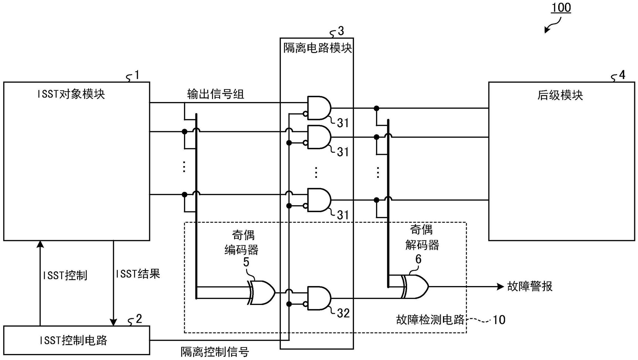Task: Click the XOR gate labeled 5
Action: pyautogui.click(x=262, y=292)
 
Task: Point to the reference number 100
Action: pyautogui.click(x=561, y=8)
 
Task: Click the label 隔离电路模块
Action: pyautogui.click(x=317, y=48)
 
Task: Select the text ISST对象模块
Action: pyautogui.click(x=71, y=94)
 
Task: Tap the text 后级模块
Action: pyautogui.click(x=560, y=95)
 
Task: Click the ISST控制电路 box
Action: pyautogui.click(x=76, y=340)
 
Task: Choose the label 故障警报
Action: pyautogui.click(x=530, y=286)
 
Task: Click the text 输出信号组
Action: pyautogui.click(x=215, y=94)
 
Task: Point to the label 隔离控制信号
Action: pyautogui.click(x=215, y=352)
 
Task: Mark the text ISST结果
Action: pyautogui.click(x=138, y=274)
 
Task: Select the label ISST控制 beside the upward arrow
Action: pyautogui.click(x=65, y=275)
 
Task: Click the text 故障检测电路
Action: pyautogui.click(x=430, y=320)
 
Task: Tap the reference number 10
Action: pyautogui.click(x=499, y=320)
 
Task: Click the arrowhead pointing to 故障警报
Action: pyautogui.click(x=501, y=286)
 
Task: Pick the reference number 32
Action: pyautogui.click(x=343, y=313)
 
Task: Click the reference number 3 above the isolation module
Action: pyautogui.click(x=341, y=31)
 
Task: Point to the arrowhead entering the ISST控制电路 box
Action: pyautogui.click(x=113, y=322)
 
